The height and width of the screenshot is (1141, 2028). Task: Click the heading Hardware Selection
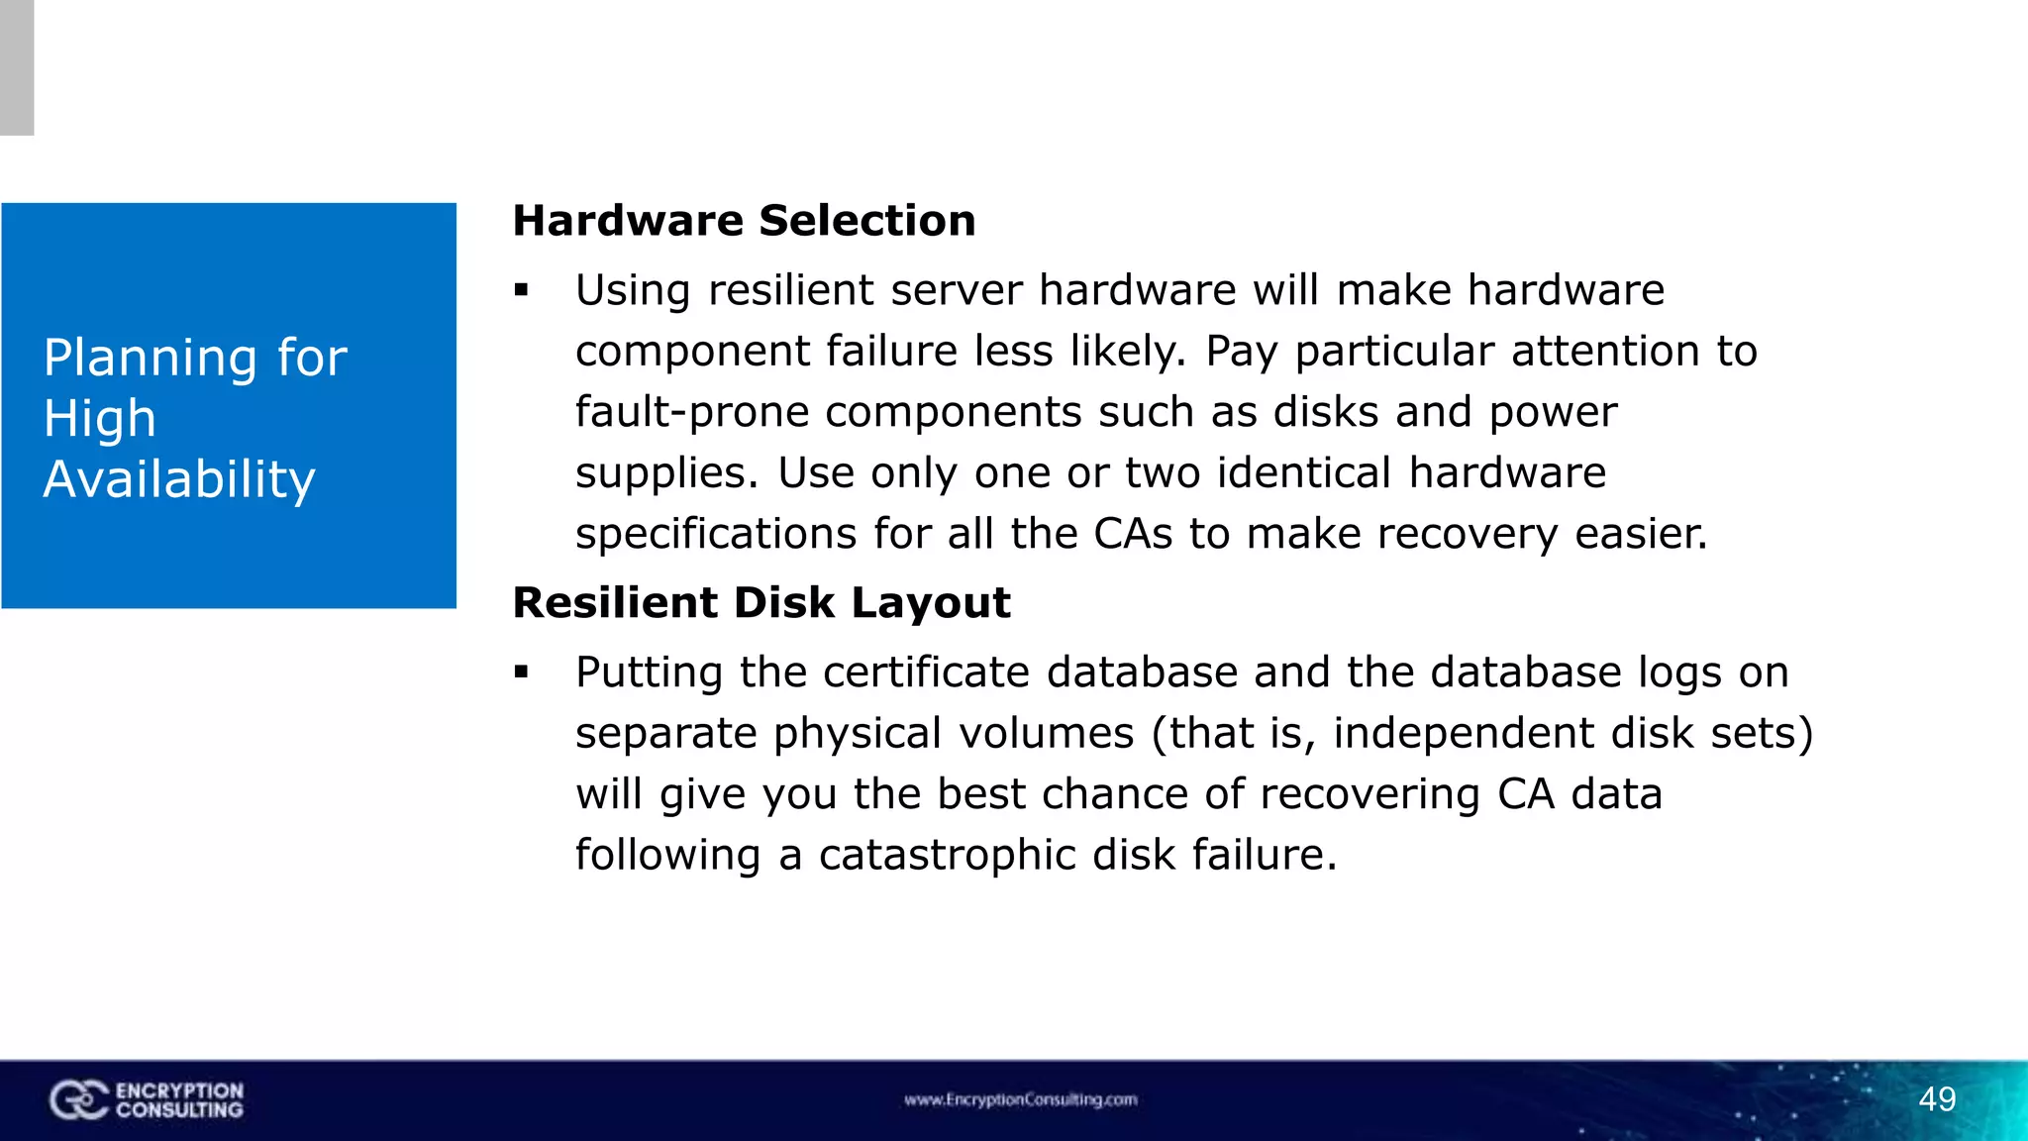tap(744, 221)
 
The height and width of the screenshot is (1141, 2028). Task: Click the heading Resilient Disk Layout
tap(761, 603)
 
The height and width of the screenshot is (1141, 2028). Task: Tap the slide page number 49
tap(1937, 1099)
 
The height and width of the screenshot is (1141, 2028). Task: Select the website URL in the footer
tap(1020, 1099)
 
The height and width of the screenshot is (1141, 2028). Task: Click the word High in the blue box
tap(100, 419)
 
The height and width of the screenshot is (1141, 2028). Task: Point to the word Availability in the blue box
tap(179, 480)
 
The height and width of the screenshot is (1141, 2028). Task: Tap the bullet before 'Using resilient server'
tap(522, 291)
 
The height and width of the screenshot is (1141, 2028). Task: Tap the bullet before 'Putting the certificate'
tap(522, 674)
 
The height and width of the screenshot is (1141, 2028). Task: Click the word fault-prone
tap(692, 413)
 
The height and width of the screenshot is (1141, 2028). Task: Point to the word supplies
tap(666, 473)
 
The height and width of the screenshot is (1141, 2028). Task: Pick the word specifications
tap(716, 535)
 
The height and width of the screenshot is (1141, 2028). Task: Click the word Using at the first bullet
tap(633, 291)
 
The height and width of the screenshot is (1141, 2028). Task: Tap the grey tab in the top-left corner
tap(17, 67)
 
